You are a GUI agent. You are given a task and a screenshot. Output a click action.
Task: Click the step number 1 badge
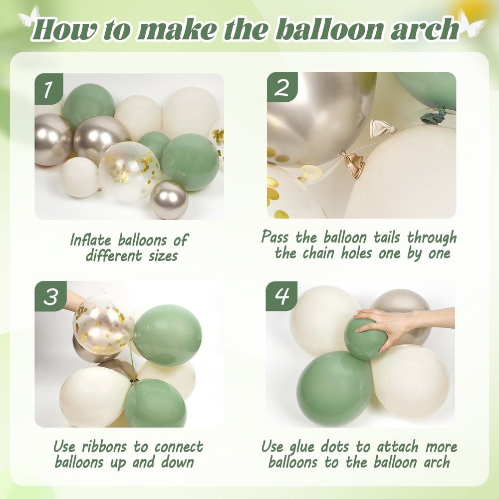tap(48, 89)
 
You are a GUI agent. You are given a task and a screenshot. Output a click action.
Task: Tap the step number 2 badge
tap(282, 88)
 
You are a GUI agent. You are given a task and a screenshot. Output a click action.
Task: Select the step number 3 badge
tap(50, 296)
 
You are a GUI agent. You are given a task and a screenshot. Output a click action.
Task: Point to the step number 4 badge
tap(281, 296)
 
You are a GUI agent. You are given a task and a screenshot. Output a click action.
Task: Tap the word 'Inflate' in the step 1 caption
tap(91, 240)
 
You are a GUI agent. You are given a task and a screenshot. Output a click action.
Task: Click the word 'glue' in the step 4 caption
tap(317, 446)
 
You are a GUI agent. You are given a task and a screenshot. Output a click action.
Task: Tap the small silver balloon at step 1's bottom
tap(169, 200)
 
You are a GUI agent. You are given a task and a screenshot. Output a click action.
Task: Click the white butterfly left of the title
tap(28, 16)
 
